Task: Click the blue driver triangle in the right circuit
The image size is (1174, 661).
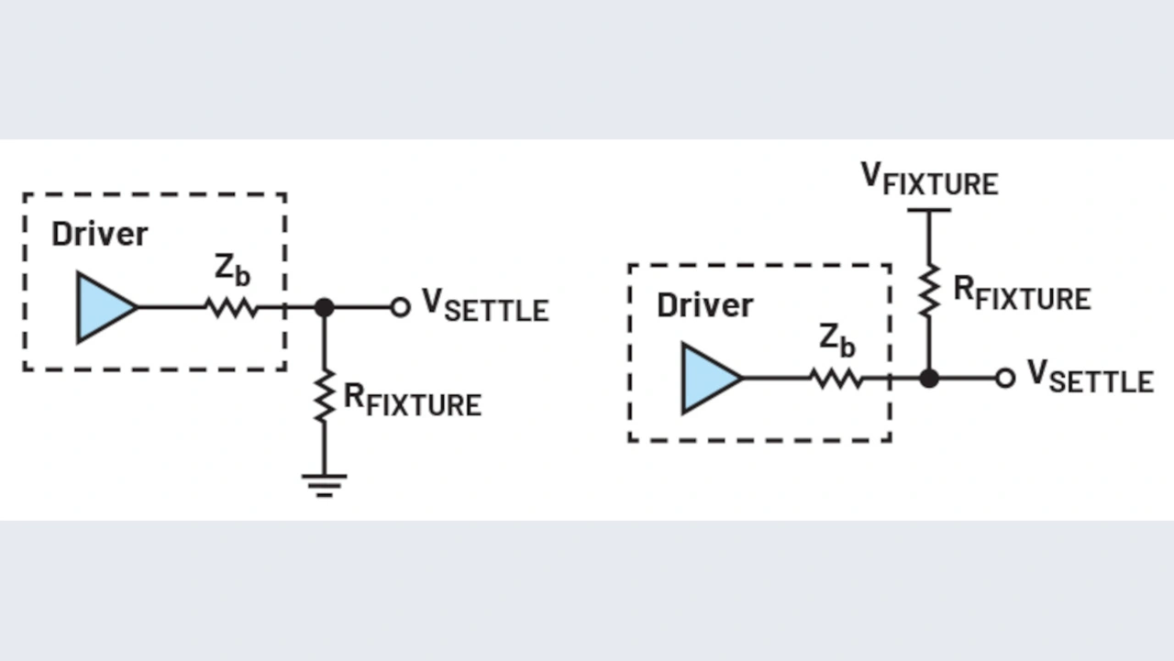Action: tap(708, 378)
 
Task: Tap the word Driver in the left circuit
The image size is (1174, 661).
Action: tap(99, 235)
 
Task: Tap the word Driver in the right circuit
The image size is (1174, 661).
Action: tap(704, 305)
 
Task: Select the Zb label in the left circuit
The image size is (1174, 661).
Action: tap(232, 270)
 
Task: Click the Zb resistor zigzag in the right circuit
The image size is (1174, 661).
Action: tap(836, 378)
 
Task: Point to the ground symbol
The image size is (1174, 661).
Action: tap(324, 484)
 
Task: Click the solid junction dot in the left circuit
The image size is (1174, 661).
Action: tap(324, 308)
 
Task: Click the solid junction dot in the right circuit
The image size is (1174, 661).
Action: tap(929, 378)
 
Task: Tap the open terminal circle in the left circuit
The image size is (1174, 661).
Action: tap(400, 308)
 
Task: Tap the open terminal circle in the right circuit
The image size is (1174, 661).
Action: tap(1005, 378)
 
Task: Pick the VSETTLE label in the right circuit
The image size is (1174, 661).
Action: tap(1090, 376)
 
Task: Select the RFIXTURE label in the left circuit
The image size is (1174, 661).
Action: tap(412, 401)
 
